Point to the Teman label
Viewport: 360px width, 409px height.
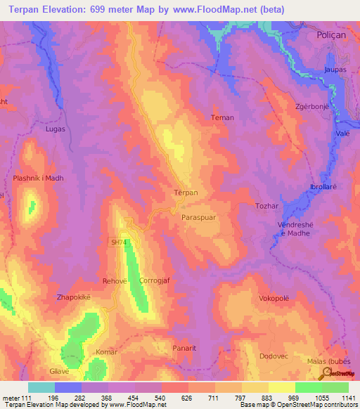click(222, 118)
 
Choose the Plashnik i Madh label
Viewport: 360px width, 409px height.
click(38, 178)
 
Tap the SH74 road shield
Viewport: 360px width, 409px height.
click(120, 242)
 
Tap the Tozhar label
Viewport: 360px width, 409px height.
click(267, 206)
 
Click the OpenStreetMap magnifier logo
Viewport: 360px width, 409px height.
click(326, 373)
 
